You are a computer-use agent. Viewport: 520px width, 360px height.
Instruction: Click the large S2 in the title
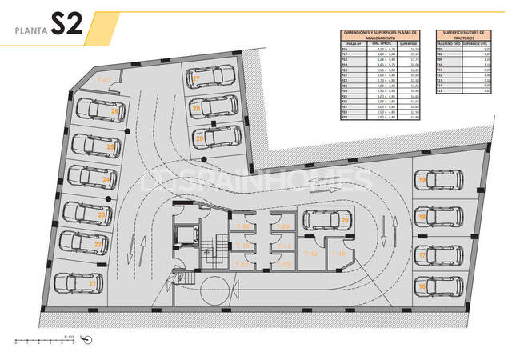[x=68, y=25]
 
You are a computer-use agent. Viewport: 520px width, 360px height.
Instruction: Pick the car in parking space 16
[x=442, y=285]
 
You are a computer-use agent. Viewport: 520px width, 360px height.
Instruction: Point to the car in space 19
[x=442, y=180]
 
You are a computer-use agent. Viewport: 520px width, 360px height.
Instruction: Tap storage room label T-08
[x=242, y=226]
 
